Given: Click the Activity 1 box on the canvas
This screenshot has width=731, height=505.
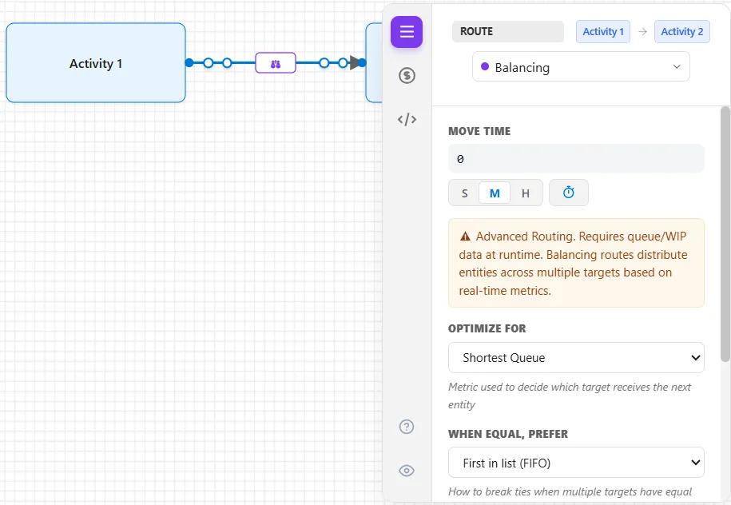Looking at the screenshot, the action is (x=96, y=63).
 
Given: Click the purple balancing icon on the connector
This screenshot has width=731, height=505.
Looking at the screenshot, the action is (x=276, y=63).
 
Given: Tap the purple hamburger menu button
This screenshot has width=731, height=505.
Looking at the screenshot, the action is (x=407, y=32).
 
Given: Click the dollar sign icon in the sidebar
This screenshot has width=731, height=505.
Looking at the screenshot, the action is (x=407, y=75).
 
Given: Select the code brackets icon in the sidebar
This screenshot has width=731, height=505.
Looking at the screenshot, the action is (x=407, y=119).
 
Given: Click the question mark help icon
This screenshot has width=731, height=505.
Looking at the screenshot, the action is (x=407, y=427).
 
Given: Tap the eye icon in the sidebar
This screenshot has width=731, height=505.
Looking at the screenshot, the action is (x=407, y=471).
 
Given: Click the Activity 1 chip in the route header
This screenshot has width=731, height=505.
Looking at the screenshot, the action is (x=603, y=32).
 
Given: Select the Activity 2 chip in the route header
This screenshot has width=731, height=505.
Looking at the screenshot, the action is (x=682, y=32).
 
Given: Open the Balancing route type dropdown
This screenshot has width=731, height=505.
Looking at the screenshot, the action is (x=581, y=66).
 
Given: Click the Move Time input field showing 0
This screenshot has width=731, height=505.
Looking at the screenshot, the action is (x=576, y=158).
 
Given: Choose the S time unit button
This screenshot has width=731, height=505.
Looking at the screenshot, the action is (x=464, y=193).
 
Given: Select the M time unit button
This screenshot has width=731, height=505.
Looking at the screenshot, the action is (x=495, y=193).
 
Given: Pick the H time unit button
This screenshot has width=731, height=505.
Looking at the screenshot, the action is (x=526, y=193).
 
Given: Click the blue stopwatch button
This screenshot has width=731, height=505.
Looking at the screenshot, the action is (x=569, y=193).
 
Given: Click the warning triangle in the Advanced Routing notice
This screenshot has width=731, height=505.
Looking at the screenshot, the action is (x=465, y=237).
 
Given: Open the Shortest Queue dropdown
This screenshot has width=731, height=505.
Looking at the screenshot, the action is (x=576, y=358).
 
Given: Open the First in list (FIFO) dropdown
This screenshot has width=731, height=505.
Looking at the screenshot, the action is (x=576, y=463).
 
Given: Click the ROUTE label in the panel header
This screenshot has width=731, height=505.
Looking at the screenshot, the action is (x=476, y=31).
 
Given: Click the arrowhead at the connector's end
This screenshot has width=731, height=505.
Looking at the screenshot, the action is (x=356, y=63).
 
